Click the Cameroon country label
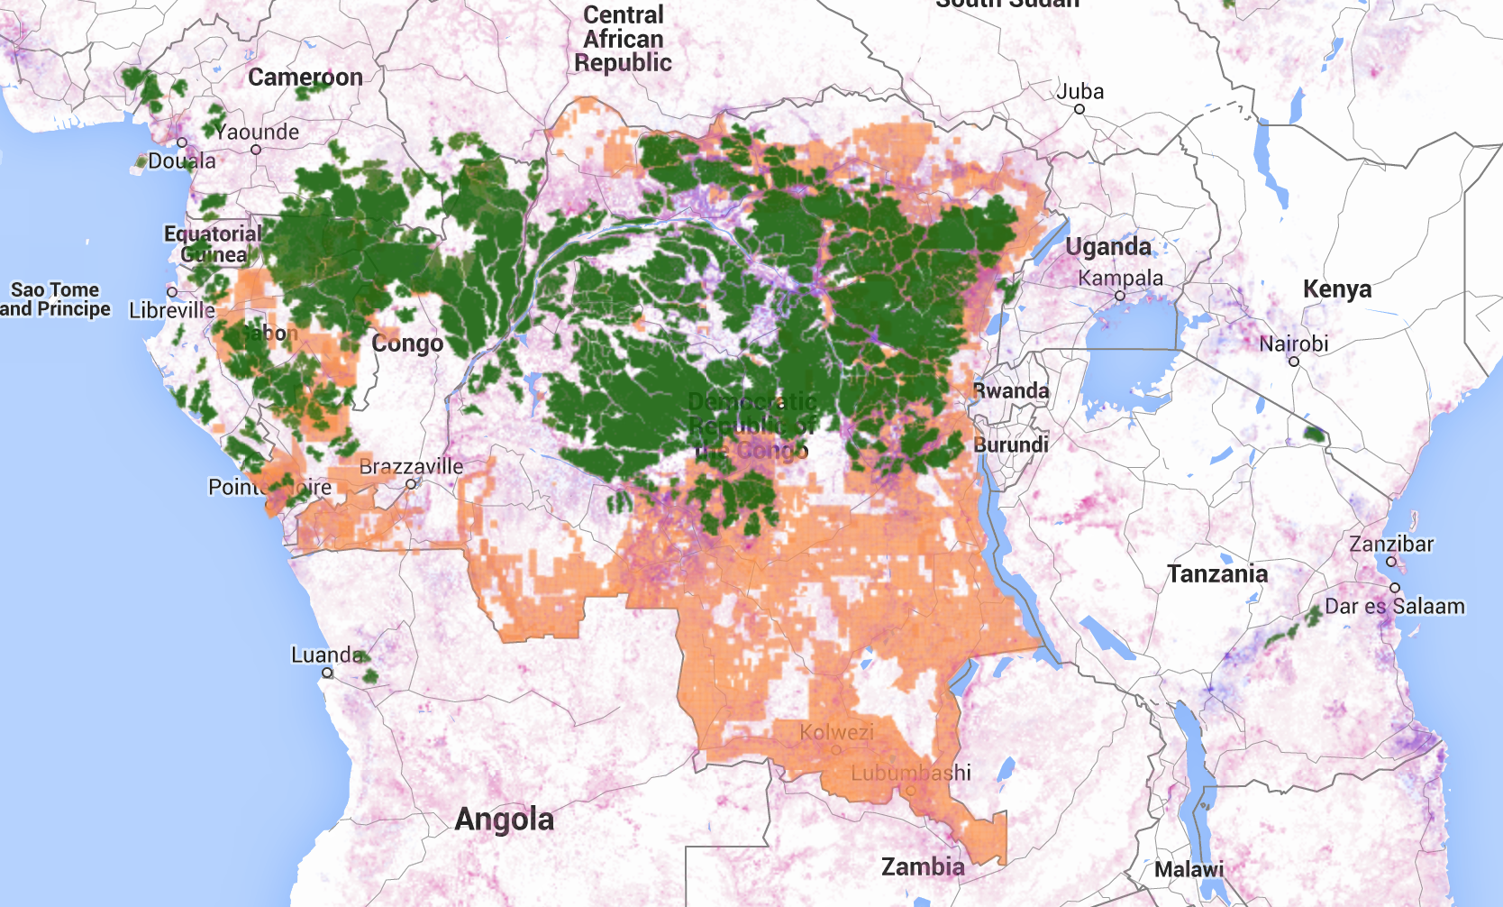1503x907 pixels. point(305,78)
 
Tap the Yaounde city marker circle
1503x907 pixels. point(256,150)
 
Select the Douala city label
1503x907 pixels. point(182,161)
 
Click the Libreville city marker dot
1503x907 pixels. point(172,292)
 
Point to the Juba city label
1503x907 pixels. point(1079,92)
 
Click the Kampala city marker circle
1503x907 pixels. point(1120,296)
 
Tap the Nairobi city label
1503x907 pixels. point(1294,344)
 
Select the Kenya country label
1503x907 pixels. point(1337,289)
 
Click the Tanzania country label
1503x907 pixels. point(1217,574)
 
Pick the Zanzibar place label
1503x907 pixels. point(1391,544)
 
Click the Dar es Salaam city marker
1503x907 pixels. point(1395,588)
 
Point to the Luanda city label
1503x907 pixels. point(327,655)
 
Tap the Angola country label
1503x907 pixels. point(504,820)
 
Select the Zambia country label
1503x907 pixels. point(923,867)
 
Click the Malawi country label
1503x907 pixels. point(1189,870)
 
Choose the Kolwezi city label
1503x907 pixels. point(837,732)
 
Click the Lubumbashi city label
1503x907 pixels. point(911,773)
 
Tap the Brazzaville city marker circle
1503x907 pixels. point(411,484)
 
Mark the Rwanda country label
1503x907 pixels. point(1011,391)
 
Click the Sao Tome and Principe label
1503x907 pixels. point(55,299)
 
